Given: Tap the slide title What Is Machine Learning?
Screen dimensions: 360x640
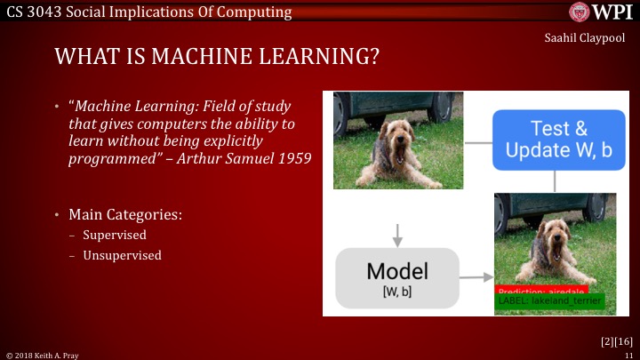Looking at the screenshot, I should [218, 58].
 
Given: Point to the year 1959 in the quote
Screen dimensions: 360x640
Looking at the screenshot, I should [296, 159].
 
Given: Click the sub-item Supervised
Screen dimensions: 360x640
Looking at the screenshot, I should [114, 236].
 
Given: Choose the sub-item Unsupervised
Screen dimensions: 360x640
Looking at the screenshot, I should [122, 255].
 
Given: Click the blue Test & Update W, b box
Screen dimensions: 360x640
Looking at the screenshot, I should [559, 140].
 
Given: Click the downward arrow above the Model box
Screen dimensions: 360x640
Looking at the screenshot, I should [397, 234].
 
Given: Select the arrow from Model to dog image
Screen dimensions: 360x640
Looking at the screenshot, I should [475, 277].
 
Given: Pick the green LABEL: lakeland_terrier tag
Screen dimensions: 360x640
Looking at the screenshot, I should [549, 301].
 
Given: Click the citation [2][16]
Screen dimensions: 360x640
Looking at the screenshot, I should [614, 340].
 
